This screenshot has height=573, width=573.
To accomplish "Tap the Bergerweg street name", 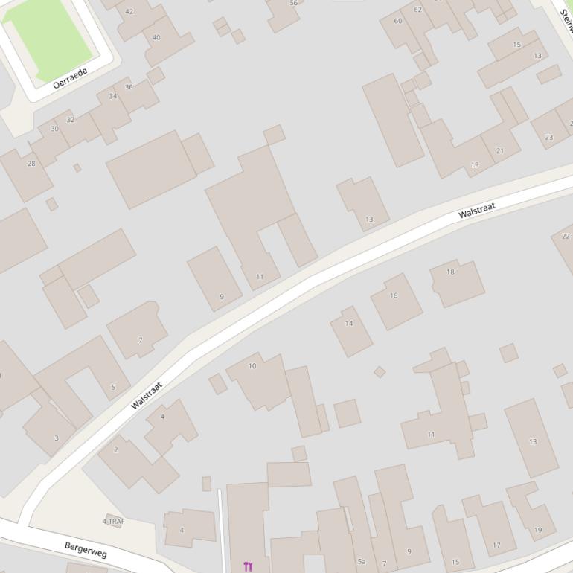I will coord(86,550).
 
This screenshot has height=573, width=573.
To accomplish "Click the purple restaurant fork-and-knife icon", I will coord(248,566).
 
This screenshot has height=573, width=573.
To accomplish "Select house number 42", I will coord(129,12).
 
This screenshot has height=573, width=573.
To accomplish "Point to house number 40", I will coord(156,37).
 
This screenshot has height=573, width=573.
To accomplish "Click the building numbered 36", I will coord(129,87).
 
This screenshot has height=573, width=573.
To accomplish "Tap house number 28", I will coord(31,163).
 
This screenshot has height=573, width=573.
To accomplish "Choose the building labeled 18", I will coord(450,272).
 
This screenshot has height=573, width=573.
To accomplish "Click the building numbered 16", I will coord(394,295).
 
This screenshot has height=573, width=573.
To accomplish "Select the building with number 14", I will coord(349,323).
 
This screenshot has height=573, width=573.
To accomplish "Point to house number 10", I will coord(252,365).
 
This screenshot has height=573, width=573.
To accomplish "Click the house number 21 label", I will coord(499,151).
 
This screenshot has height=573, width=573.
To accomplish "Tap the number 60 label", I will coord(398,21).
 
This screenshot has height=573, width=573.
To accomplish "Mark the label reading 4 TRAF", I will coord(113,522).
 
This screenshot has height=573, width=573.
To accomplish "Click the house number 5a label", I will coord(362,561).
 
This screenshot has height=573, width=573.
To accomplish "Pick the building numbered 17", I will coord(496,545).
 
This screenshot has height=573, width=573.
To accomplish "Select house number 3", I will coord(56,438).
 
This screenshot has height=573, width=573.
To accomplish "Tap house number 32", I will coord(71,120).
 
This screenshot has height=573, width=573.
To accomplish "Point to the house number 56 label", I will coord(293,4).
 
